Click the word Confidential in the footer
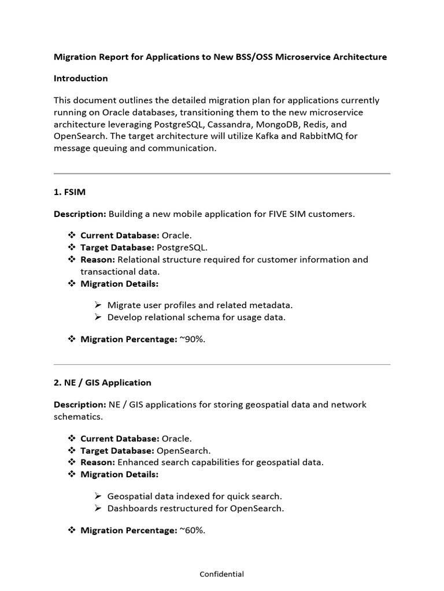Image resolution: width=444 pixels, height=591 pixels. point(221,574)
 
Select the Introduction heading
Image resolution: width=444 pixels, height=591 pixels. point(80,78)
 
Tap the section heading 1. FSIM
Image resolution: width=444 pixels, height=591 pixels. point(69,192)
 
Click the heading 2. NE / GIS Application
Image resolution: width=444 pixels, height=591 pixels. point(102,382)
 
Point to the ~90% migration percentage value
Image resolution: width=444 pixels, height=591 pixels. point(192,339)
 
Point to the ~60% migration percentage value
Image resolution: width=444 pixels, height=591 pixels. point(192,530)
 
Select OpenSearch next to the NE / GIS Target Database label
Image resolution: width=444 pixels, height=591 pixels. point(184,450)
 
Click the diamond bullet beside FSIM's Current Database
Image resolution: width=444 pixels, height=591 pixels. point(72,235)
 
